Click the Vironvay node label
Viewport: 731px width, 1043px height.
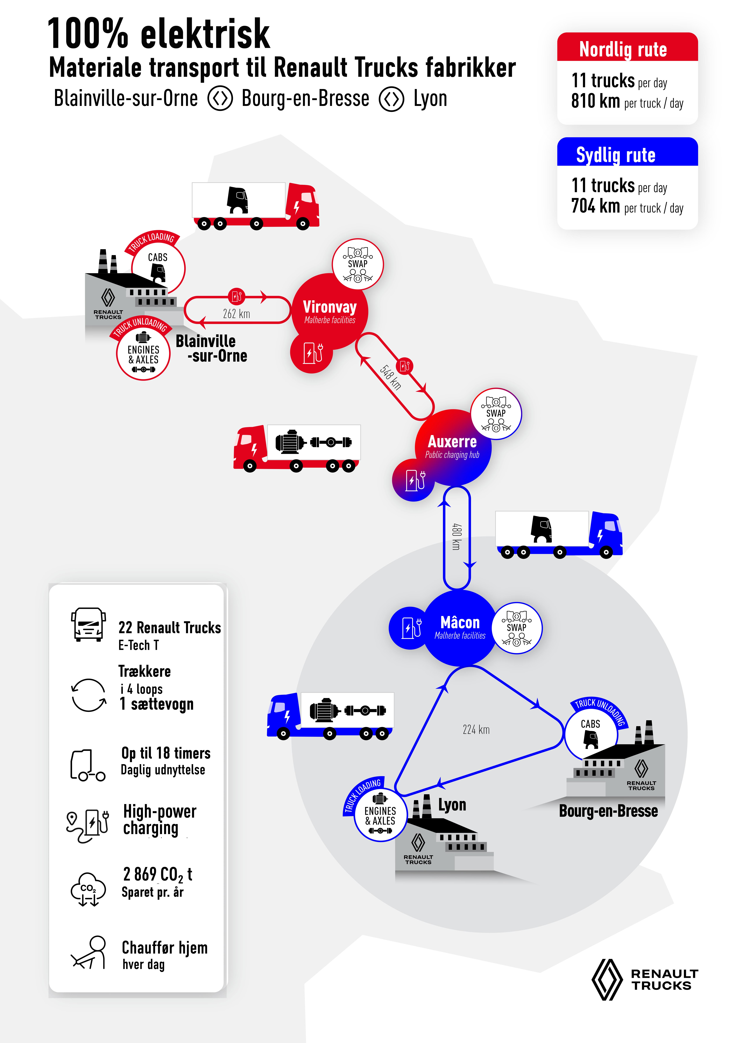[x=330, y=307]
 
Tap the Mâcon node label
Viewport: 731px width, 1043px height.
[x=460, y=622]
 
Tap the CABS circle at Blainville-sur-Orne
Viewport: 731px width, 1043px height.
[x=158, y=268]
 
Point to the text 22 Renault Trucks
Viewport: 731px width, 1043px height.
[x=169, y=627]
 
